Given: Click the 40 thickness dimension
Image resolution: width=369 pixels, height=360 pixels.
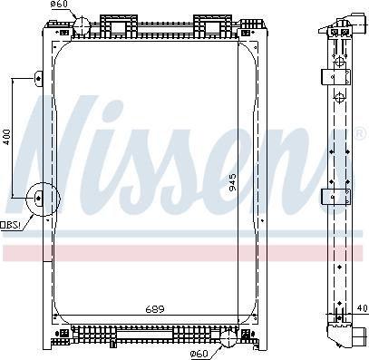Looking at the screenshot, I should click(x=362, y=310).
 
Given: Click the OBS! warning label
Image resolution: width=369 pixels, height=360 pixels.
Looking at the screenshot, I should click(x=11, y=224).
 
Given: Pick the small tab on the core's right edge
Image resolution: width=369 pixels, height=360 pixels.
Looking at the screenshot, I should click(x=260, y=221).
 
